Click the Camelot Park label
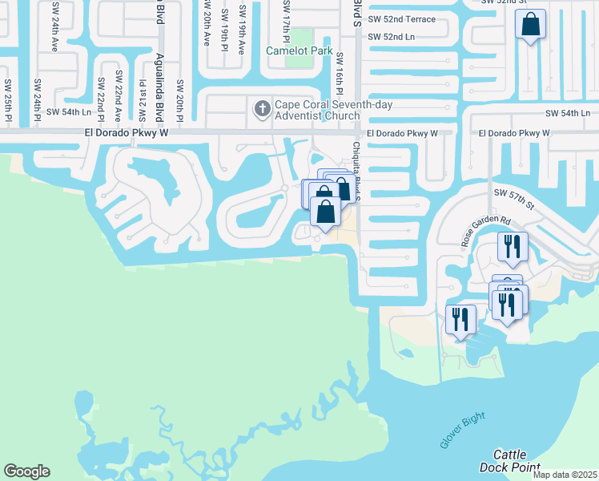point(299,50)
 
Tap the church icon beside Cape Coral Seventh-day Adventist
point(261,107)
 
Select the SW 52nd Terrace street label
point(401,19)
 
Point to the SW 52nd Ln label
point(392,37)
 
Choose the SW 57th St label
point(513,194)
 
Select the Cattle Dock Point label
point(509,461)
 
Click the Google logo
point(26,471)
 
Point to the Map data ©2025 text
point(564,474)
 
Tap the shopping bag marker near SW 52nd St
point(530,26)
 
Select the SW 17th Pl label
point(285,19)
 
